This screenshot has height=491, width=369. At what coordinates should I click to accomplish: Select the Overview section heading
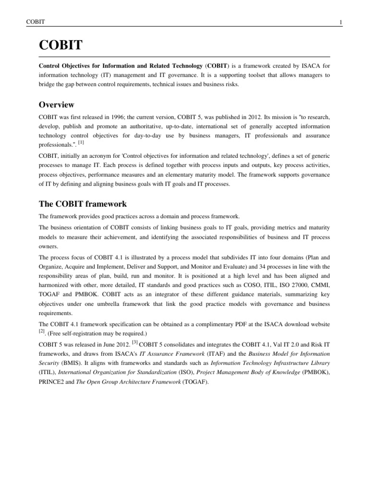click(x=56, y=105)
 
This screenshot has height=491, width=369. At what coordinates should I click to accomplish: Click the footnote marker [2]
click(x=41, y=330)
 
